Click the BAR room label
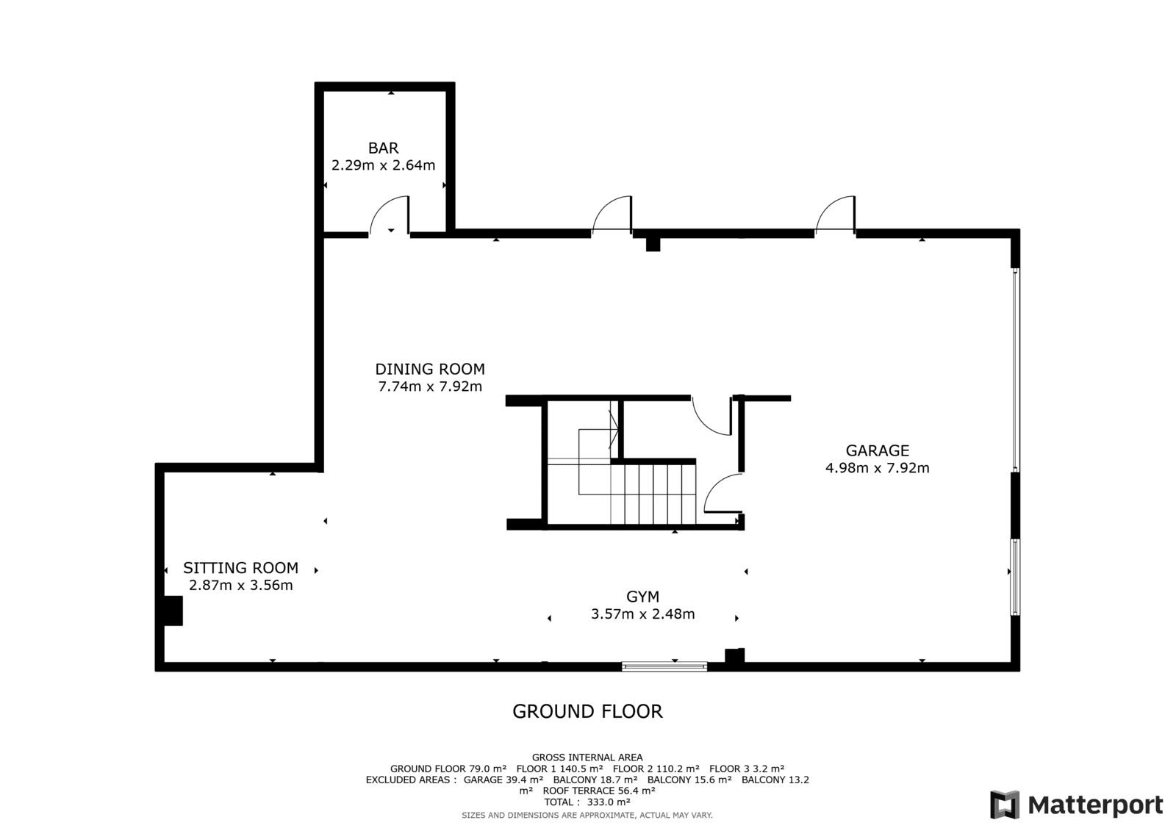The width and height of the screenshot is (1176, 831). (383, 148)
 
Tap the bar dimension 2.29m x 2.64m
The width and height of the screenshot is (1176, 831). (383, 165)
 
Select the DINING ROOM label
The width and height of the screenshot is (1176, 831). (430, 369)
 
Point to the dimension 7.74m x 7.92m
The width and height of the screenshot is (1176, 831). (430, 386)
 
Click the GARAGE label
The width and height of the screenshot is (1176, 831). (878, 450)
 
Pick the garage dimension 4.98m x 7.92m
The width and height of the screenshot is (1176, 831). (878, 468)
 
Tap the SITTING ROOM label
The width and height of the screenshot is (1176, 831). (240, 568)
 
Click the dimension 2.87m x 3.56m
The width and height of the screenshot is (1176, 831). (240, 586)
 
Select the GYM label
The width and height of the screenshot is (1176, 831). (642, 597)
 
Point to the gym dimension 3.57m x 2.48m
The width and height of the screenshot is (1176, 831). (642, 614)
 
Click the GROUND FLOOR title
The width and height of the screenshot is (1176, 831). (587, 711)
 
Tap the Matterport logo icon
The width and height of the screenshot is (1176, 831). (1005, 805)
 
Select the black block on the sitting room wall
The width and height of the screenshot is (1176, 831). (173, 611)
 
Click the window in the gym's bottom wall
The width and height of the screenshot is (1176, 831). (664, 666)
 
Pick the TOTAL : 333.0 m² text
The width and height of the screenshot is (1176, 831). (587, 802)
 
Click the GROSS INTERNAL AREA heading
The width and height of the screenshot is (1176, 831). (587, 758)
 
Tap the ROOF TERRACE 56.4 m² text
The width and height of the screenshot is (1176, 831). (598, 791)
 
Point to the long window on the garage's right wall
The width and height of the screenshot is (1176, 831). (1016, 370)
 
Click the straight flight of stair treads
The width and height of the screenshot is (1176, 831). (653, 494)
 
